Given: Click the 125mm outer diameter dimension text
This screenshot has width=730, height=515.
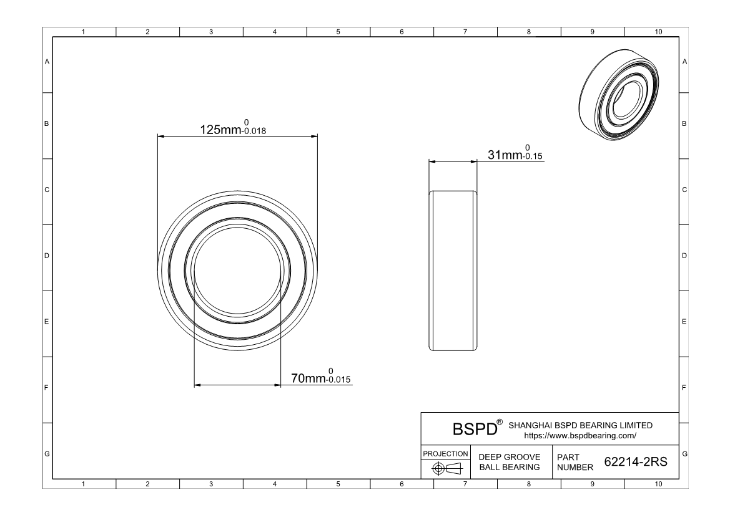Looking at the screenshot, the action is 220,130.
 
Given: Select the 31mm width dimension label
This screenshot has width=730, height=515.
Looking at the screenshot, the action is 505,155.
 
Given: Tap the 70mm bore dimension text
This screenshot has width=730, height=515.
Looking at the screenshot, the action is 308,378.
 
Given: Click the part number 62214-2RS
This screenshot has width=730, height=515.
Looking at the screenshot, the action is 636,461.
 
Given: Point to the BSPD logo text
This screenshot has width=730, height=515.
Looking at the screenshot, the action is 475,429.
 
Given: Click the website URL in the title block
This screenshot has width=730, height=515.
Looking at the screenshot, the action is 580,436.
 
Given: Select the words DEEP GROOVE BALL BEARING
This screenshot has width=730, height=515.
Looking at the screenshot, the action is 510,462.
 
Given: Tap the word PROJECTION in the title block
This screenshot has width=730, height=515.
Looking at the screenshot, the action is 445,454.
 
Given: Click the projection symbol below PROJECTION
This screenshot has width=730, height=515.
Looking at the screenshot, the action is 446,468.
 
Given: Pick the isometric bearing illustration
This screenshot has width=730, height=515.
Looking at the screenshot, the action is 619,95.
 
